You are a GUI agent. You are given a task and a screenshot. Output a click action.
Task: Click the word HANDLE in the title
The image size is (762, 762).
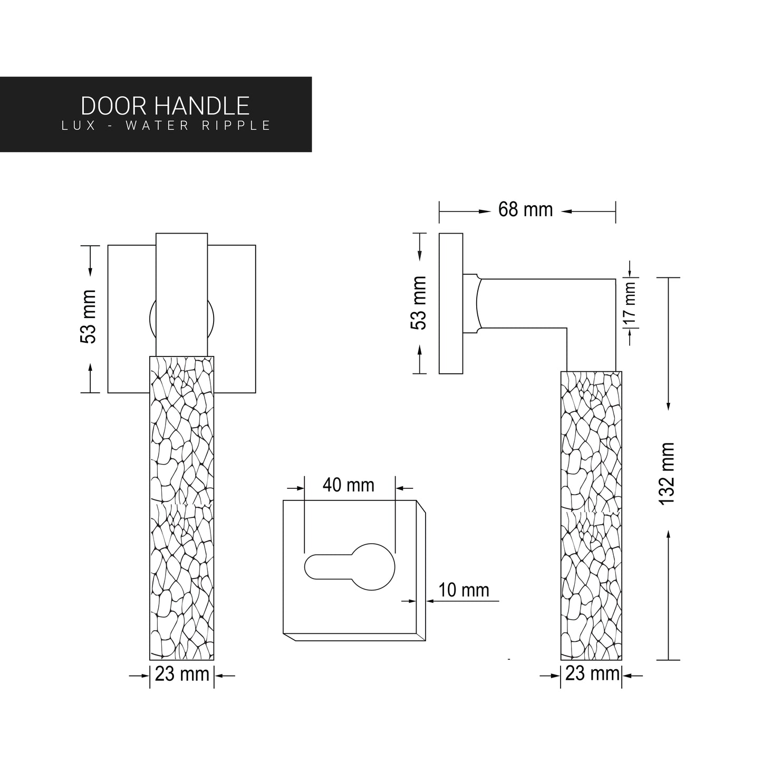(x=202, y=106)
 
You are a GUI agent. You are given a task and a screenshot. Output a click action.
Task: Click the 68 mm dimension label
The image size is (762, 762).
(x=525, y=210)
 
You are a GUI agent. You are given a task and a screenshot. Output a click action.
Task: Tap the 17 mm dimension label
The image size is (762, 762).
(x=630, y=303)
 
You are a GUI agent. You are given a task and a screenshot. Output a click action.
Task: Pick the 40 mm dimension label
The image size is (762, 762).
(x=349, y=485)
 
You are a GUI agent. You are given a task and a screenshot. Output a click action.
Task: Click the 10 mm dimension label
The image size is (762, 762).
(x=464, y=590)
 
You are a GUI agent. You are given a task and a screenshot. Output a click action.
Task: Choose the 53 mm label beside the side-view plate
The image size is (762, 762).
(x=419, y=303)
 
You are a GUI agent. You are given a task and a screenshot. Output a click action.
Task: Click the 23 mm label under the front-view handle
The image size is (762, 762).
(x=182, y=674)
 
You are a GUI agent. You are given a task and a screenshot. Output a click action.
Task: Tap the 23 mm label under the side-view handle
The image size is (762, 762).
(x=592, y=673)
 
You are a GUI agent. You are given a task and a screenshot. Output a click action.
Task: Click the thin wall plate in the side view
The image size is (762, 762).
(x=451, y=303)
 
